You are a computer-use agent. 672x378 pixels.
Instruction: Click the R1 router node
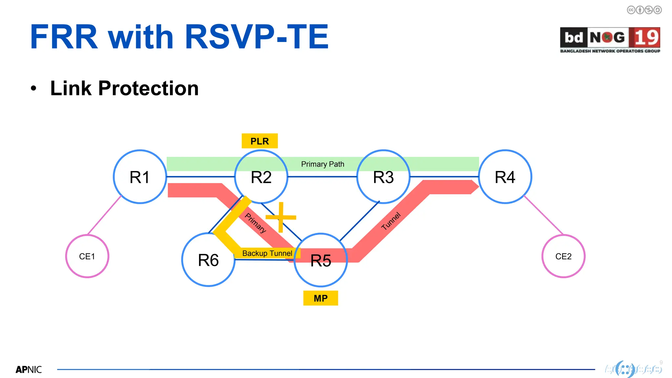pos(140,177)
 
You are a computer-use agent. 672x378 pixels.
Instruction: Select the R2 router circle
pos(261,177)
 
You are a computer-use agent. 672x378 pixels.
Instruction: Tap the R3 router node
pos(383,177)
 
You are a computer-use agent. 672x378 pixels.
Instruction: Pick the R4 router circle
pos(505,177)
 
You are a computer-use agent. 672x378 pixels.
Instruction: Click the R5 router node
pos(321,260)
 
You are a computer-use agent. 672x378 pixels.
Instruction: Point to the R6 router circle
pos(208,260)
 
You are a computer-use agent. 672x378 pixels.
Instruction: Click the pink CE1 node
pos(87,256)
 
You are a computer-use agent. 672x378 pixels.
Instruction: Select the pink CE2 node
pos(563,256)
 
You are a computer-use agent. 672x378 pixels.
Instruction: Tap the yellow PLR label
pos(260,141)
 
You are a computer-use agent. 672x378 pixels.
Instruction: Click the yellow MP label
pos(321,298)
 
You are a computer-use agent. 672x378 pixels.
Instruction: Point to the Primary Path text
pos(323,164)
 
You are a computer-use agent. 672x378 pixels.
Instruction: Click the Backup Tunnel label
pos(267,253)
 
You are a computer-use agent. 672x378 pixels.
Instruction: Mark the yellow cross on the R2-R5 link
pos(281,217)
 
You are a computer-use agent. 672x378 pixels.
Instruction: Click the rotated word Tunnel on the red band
pos(391,221)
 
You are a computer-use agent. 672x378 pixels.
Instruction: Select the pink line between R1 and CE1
pos(104,215)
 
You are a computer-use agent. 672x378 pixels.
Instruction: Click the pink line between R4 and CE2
pos(543,215)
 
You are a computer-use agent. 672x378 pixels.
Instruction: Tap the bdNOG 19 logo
pos(610,40)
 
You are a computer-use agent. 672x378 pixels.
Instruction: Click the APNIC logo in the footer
pos(29,369)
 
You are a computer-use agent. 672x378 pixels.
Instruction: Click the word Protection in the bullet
pos(148,88)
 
